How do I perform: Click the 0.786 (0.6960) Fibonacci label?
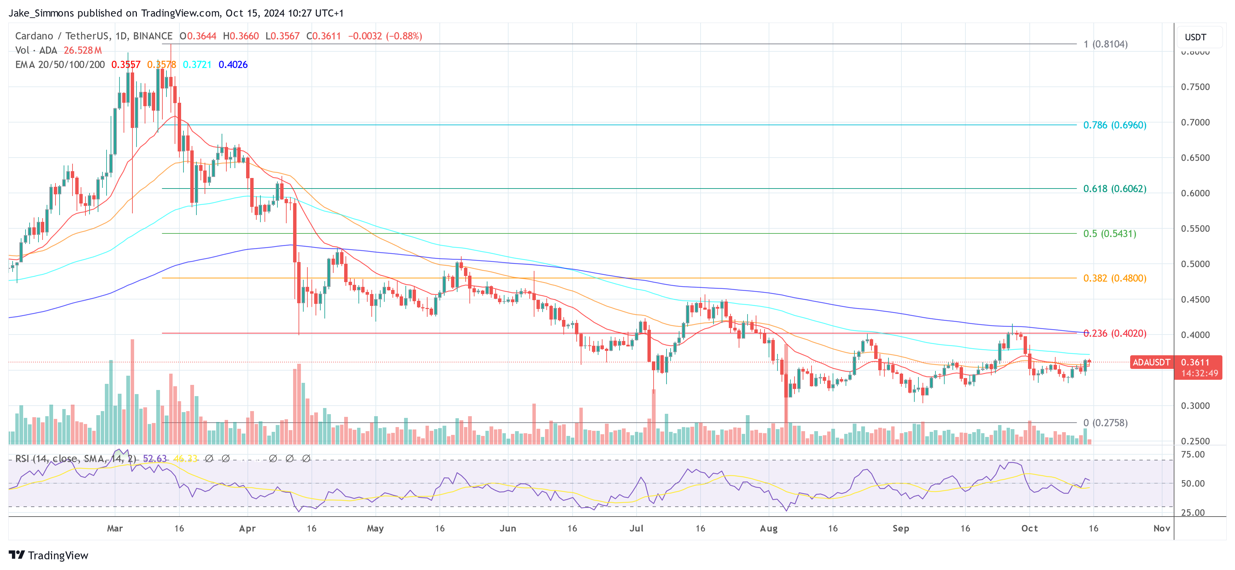click(x=1114, y=125)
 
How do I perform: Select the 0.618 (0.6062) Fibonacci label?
click(x=1114, y=189)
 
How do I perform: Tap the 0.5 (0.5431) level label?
click(x=1109, y=234)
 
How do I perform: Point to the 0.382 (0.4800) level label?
click(x=1114, y=278)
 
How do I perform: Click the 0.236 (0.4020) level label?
click(x=1114, y=333)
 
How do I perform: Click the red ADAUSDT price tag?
click(x=1151, y=362)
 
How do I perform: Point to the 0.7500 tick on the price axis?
click(x=1195, y=87)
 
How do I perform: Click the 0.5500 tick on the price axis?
click(x=1195, y=229)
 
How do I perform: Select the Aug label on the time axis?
click(x=769, y=528)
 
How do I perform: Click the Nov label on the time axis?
click(x=1161, y=528)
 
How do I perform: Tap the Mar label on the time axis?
click(x=115, y=528)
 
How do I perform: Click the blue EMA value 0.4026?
click(x=233, y=65)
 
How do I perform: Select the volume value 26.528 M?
click(x=82, y=50)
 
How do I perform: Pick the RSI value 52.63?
click(x=155, y=459)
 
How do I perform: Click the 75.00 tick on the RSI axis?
click(x=1192, y=454)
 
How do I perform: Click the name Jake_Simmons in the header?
click(x=41, y=13)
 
